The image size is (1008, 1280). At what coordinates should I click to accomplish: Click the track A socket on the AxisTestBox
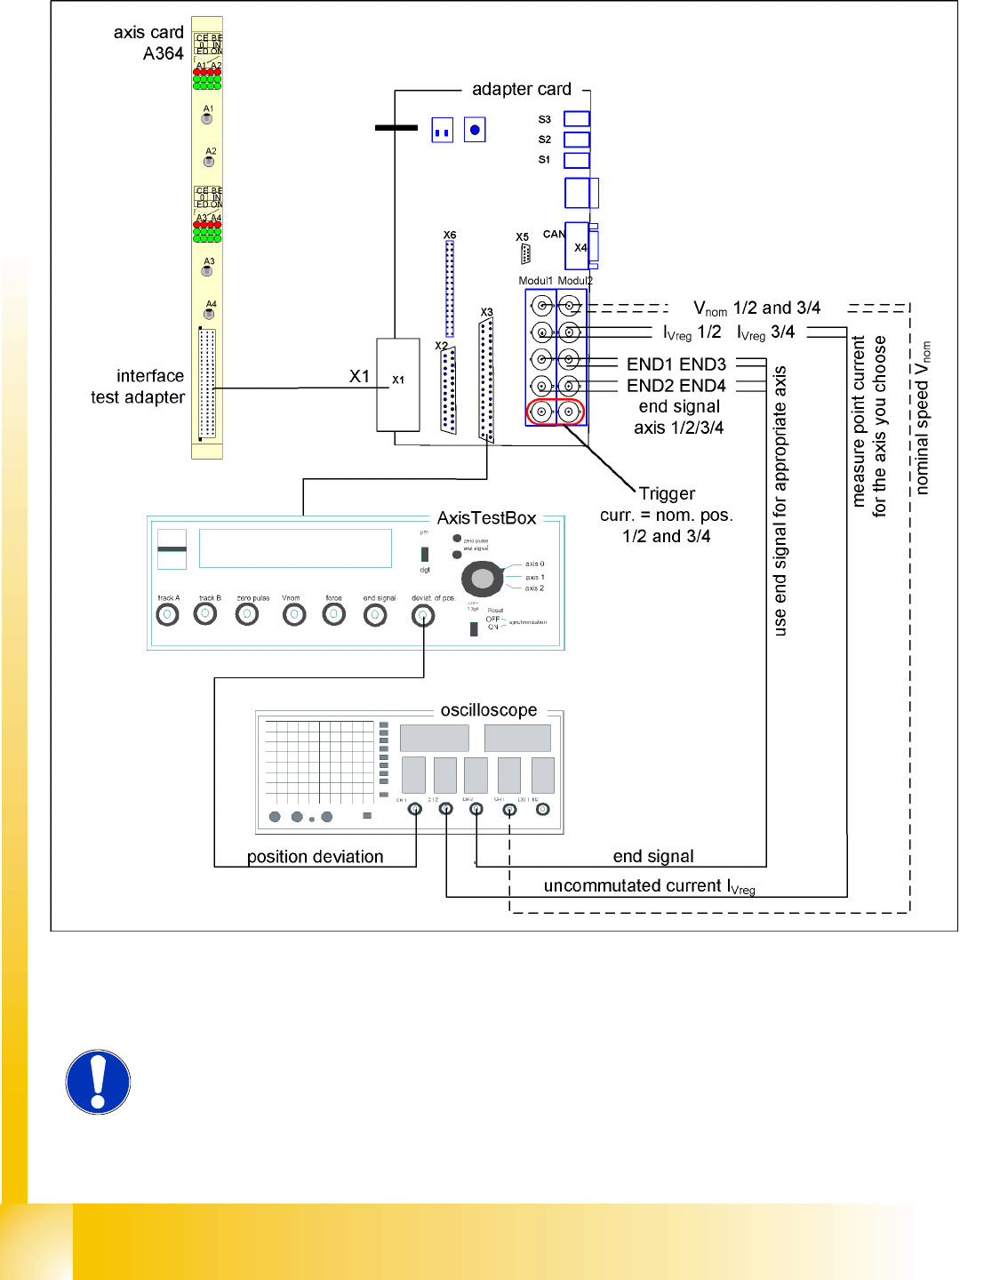[x=167, y=614]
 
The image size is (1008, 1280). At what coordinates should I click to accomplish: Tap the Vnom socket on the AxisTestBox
[x=294, y=614]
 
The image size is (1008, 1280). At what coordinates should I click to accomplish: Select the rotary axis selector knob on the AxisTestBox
[x=483, y=580]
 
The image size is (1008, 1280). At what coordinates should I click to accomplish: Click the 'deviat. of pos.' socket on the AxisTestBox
[x=423, y=614]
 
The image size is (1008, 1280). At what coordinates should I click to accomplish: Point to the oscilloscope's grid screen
[x=319, y=760]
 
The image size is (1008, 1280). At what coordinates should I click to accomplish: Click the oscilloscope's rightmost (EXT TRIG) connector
[x=543, y=809]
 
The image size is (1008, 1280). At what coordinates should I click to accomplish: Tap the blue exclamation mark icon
[x=99, y=1082]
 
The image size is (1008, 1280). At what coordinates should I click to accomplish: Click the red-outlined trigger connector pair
[x=556, y=412]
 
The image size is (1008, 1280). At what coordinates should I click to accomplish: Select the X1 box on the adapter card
[x=397, y=384]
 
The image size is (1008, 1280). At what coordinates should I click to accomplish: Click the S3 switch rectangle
[x=577, y=119]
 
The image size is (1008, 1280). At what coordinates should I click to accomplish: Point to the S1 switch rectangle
[x=577, y=160]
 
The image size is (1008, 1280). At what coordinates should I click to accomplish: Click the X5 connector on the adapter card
[x=526, y=254]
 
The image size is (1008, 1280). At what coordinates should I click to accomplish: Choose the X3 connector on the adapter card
[x=486, y=380]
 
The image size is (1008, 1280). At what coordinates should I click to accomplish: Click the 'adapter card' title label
[x=522, y=89]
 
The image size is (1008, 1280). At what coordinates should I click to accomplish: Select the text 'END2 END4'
[x=676, y=386]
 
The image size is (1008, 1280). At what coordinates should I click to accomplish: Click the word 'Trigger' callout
[x=667, y=494]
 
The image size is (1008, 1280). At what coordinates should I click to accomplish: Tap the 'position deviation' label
[x=316, y=857]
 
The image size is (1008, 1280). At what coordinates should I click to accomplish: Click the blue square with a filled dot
[x=475, y=131]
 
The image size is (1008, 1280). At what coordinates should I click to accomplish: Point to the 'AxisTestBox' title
[x=487, y=518]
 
